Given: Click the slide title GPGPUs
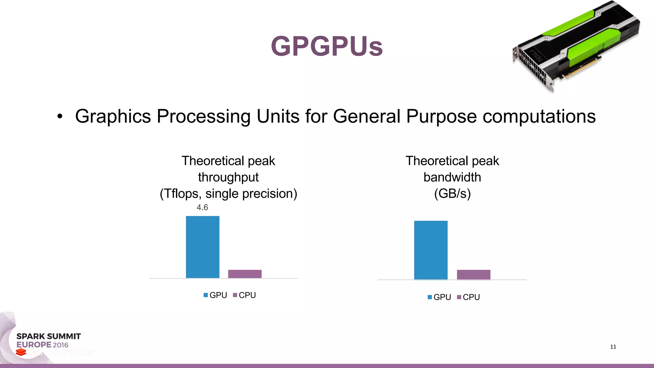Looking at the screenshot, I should pyautogui.click(x=327, y=46).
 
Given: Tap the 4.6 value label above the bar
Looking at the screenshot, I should pyautogui.click(x=202, y=208).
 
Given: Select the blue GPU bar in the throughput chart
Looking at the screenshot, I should pyautogui.click(x=202, y=247).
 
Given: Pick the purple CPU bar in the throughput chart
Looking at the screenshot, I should pyautogui.click(x=245, y=274).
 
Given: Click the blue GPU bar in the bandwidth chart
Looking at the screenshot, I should pyautogui.click(x=430, y=250).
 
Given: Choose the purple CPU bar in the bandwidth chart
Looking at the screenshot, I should pyautogui.click(x=473, y=275).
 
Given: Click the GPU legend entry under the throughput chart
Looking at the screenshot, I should pyautogui.click(x=215, y=295).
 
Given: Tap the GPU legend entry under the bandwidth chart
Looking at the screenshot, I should pyautogui.click(x=439, y=297).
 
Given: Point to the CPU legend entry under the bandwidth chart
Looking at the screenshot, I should pyautogui.click(x=468, y=297).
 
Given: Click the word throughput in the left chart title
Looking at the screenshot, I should pyautogui.click(x=228, y=177).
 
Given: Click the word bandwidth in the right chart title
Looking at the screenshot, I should pyautogui.click(x=452, y=177).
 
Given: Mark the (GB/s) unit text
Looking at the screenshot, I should pyautogui.click(x=452, y=194).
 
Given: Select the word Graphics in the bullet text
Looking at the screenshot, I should pyautogui.click(x=113, y=116).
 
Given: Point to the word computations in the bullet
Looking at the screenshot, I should pyautogui.click(x=539, y=116).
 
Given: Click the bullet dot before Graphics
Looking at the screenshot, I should pyautogui.click(x=60, y=117).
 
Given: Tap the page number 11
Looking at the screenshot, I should pyautogui.click(x=613, y=347).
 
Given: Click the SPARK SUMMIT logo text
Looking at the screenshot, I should pyautogui.click(x=49, y=336).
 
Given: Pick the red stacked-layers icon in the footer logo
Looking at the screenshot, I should pyautogui.click(x=21, y=352).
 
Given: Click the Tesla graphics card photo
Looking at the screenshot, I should pyautogui.click(x=576, y=46).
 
